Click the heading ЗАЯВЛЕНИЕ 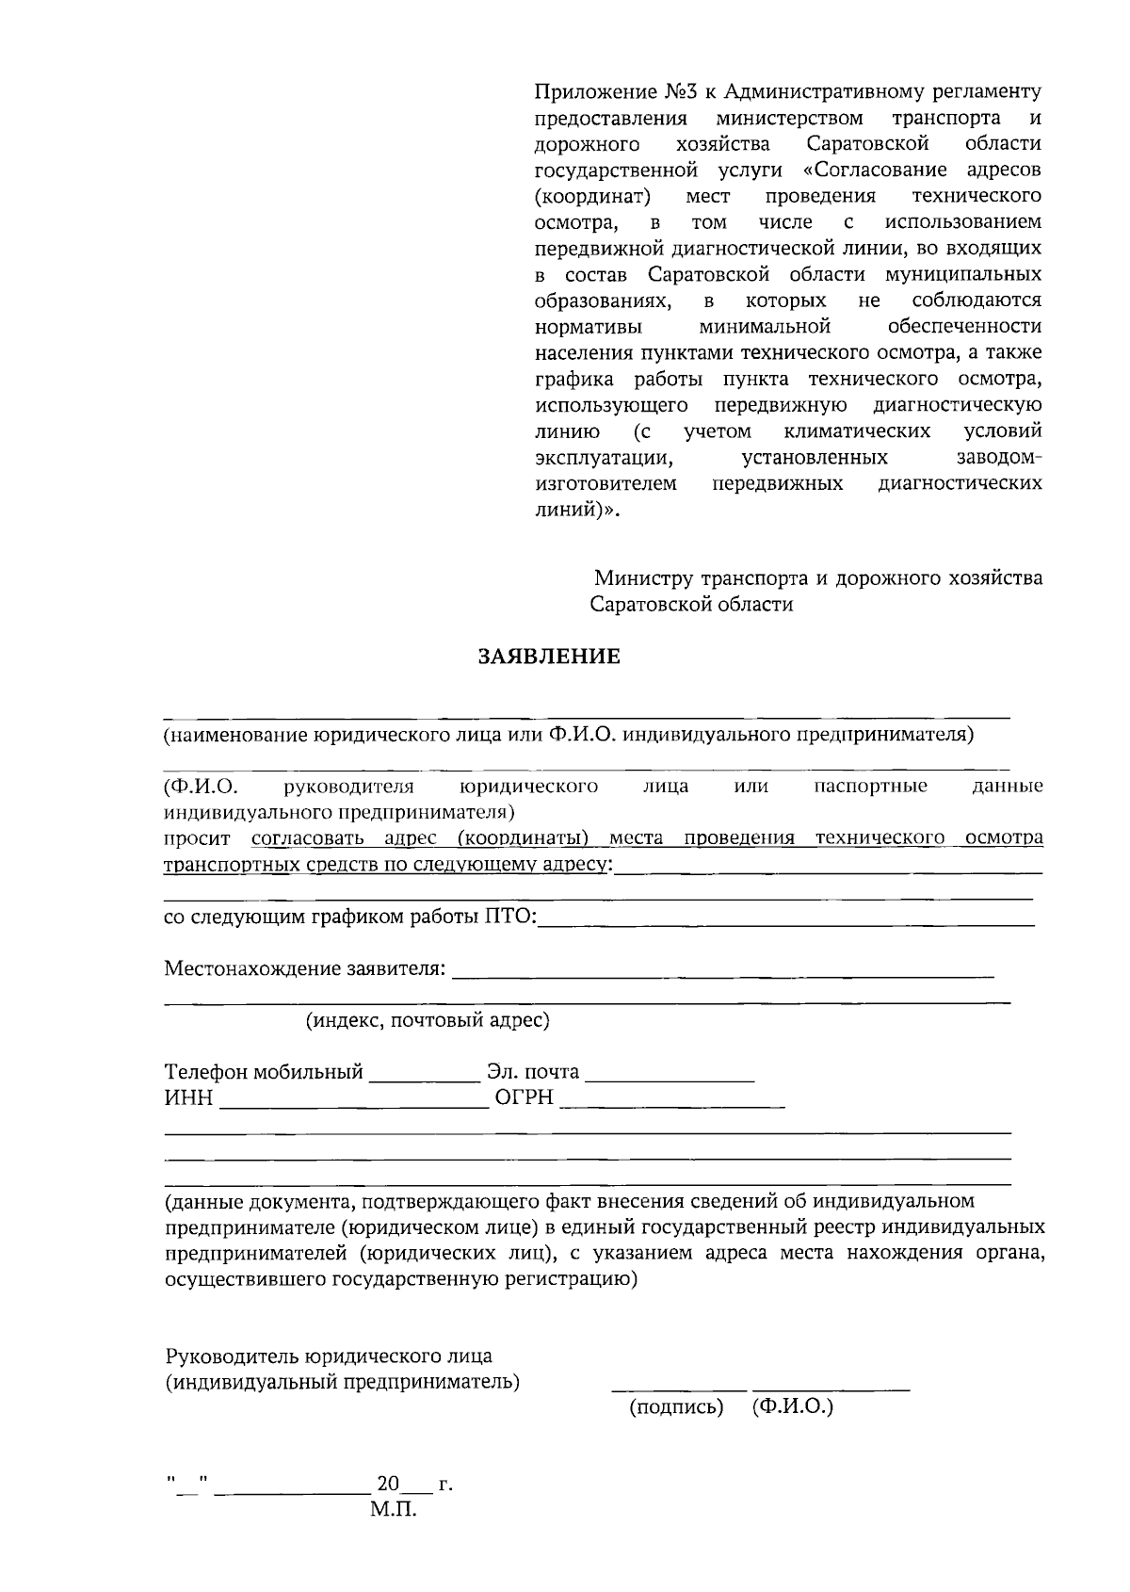tap(550, 657)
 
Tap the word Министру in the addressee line tap(640, 577)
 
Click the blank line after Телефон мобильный tap(424, 1076)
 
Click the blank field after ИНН tap(353, 1102)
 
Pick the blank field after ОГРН tap(672, 1102)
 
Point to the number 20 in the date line tap(388, 1484)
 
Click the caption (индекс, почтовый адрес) tap(428, 1020)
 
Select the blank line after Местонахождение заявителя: tap(723, 972)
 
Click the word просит tap(197, 838)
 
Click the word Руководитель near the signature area tap(231, 1356)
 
